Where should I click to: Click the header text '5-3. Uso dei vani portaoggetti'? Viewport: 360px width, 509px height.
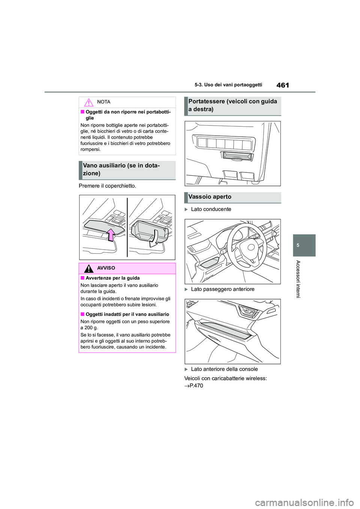click(x=228, y=85)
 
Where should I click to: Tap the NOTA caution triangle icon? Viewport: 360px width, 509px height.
click(x=88, y=102)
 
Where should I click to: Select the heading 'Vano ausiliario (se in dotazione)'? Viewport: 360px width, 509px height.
click(x=121, y=169)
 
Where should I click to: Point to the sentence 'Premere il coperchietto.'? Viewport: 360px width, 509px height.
click(x=107, y=186)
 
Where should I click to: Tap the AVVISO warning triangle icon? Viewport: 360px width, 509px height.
click(x=88, y=268)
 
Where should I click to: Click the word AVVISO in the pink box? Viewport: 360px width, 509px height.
click(x=106, y=268)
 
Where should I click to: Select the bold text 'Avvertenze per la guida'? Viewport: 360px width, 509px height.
click(x=112, y=278)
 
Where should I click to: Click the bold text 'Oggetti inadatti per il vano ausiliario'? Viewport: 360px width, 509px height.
click(x=127, y=314)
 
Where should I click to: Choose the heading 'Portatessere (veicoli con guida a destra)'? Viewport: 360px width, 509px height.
click(x=232, y=105)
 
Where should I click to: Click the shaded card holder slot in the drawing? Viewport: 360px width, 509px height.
click(x=237, y=155)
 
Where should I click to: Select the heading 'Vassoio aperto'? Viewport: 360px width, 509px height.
click(x=210, y=197)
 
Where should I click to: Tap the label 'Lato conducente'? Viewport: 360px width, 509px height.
click(x=211, y=209)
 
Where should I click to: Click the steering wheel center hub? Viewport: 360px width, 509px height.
click(x=250, y=247)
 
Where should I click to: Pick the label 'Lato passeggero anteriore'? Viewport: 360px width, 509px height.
click(x=222, y=289)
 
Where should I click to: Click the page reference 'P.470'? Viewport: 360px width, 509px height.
click(x=196, y=386)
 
